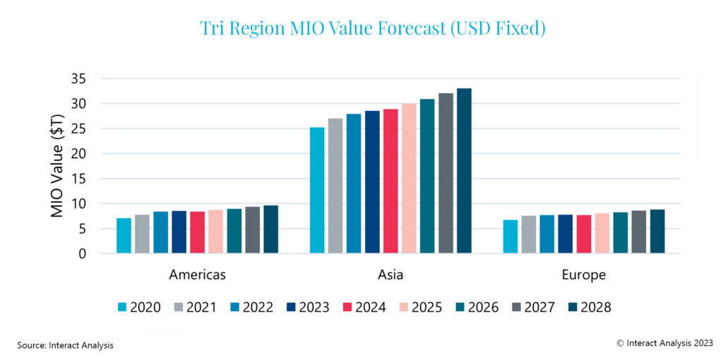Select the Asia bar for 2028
tap(464, 171)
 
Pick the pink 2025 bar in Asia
tap(409, 179)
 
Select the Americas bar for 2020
tap(124, 236)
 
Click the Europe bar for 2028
tap(657, 232)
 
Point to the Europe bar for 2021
tap(528, 234)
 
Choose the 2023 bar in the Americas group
tap(179, 232)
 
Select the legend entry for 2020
tap(138, 307)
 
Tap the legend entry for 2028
tap(589, 307)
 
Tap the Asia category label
tap(390, 275)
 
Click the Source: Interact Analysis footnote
tap(65, 345)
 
